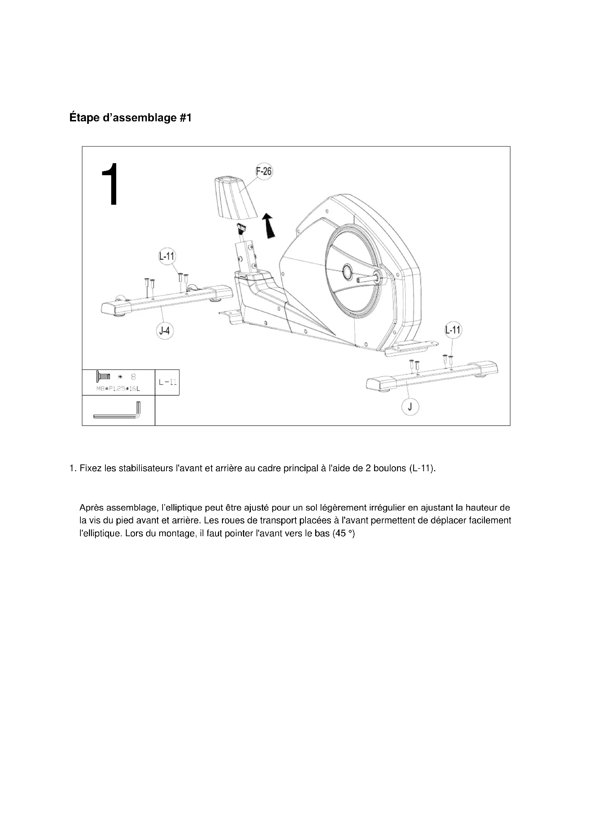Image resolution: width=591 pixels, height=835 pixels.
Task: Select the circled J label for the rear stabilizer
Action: coord(410,407)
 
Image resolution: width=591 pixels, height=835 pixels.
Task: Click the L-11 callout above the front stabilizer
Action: coord(167,256)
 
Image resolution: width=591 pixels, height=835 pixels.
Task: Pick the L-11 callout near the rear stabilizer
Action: coord(453,330)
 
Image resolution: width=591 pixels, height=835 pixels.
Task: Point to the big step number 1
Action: coord(110,185)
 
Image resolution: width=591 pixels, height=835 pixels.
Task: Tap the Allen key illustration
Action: coord(117,412)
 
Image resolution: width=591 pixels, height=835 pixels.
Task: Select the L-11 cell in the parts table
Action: coord(167,382)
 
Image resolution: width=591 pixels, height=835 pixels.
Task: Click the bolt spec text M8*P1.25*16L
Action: coord(118,389)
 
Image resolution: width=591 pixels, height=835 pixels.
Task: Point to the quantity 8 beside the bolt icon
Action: coord(133,376)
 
